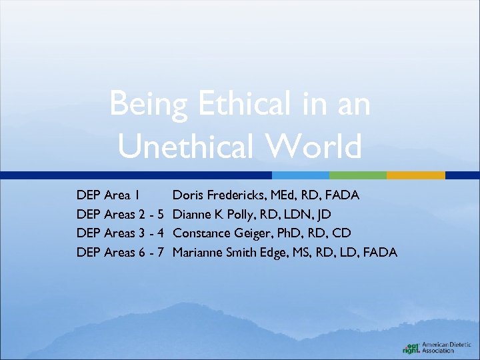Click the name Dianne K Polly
pos(211,214)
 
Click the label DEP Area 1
pos(108,195)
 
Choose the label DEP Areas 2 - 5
pos(121,214)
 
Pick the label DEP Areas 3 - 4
pos(121,233)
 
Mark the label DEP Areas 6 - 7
pos(121,252)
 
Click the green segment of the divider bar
pos(358,175)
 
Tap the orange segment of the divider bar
pos(415,175)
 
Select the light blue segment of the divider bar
pos(301,175)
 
